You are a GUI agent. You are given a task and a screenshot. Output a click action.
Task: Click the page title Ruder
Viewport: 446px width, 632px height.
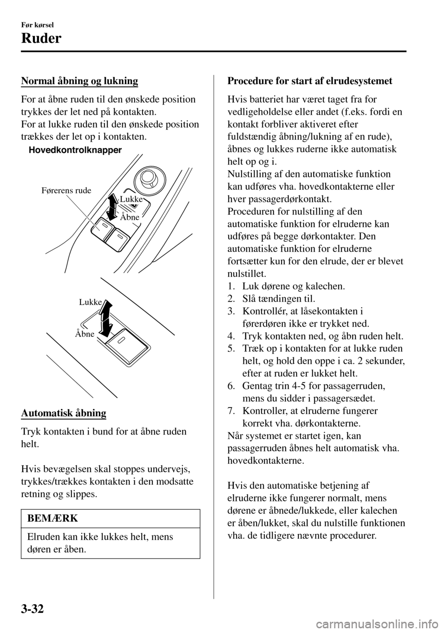tap(41, 39)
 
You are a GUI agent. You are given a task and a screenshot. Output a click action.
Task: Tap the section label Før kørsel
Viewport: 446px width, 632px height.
tap(38, 25)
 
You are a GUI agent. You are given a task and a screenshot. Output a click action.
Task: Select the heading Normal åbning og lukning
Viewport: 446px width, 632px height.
tap(79, 81)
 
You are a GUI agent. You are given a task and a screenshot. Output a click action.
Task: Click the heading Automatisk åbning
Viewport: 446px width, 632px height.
tap(64, 413)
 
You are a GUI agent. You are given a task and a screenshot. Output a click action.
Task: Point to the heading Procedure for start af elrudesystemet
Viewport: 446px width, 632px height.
tap(310, 81)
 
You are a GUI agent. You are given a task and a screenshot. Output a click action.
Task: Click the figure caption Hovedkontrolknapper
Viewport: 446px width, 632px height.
tap(75, 150)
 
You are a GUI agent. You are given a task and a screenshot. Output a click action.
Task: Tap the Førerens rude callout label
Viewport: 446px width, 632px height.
tap(66, 191)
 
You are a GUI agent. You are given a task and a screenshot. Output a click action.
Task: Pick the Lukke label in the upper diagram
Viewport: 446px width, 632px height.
tap(131, 199)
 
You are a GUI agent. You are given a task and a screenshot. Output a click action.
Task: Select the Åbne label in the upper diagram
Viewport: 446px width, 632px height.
tap(130, 217)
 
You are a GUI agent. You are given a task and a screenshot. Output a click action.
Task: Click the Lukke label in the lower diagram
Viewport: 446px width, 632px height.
tap(90, 302)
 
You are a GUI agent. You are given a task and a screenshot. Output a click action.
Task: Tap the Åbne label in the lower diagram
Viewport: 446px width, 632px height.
tap(85, 334)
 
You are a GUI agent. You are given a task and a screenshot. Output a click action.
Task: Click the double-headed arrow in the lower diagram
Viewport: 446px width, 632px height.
tap(106, 318)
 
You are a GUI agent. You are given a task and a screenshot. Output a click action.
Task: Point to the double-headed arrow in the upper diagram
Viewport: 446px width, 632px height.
tap(112, 206)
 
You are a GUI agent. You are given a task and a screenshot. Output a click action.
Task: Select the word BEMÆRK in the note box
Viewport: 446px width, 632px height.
tap(53, 518)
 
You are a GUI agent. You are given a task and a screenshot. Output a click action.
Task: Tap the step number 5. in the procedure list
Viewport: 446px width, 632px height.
tap(231, 349)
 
